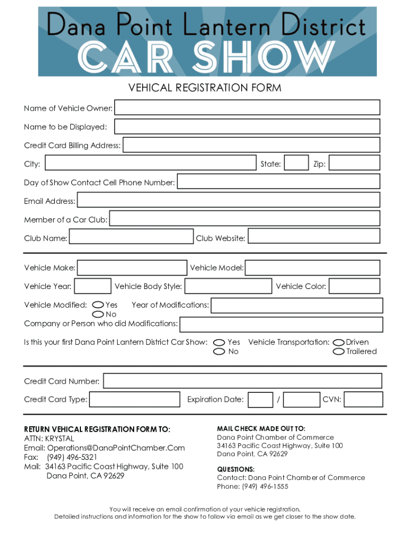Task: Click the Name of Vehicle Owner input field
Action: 247,108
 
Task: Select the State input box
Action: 296,163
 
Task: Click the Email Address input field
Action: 228,200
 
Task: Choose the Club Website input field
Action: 314,237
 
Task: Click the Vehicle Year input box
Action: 93,286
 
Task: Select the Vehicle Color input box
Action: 354,286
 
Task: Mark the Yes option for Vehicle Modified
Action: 98,305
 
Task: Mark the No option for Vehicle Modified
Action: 98,314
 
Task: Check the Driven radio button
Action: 339,342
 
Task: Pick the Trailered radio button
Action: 339,351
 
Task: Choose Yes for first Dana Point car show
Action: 219,342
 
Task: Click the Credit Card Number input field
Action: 242,381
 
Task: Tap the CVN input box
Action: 364,399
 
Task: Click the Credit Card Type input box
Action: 135,399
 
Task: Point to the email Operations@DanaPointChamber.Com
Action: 116,448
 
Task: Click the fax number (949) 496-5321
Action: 72,457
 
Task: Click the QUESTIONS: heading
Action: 236,469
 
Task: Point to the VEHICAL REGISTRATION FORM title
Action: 205,88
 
